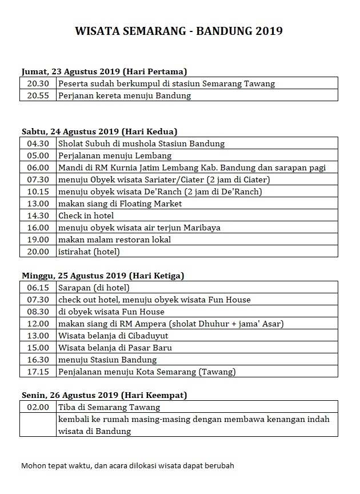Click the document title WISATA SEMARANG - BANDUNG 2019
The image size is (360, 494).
179,31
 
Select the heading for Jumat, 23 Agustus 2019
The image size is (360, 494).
105,71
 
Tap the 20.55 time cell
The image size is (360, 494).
38,95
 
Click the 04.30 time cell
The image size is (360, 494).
38,144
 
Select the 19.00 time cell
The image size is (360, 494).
38,240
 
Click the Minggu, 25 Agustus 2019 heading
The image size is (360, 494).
103,276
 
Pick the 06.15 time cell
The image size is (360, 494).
38,288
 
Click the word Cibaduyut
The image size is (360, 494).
147,336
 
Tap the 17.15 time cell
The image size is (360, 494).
38,372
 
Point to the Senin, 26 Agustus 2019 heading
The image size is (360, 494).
104,395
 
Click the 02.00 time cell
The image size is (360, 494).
38,408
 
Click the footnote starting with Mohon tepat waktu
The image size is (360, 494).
127,465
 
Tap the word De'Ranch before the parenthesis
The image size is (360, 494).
169,192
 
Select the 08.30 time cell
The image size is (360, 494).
38,312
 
